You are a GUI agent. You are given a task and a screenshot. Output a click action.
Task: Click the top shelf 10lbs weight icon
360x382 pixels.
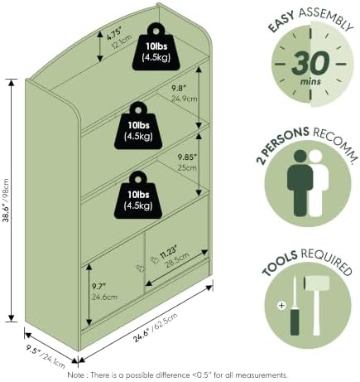tap(156, 46)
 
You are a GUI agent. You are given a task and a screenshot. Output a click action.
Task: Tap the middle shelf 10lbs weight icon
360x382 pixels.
tap(138, 126)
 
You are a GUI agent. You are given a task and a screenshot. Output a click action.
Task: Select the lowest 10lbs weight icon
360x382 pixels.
tap(138, 195)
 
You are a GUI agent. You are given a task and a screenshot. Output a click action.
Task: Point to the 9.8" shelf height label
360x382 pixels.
tap(179, 88)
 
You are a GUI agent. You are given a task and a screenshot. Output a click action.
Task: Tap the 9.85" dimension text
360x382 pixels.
tap(188, 157)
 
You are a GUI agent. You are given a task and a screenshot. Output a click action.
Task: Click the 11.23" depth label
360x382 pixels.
tap(168, 253)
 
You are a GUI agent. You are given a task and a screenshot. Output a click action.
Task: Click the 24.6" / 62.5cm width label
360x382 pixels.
tap(156, 327)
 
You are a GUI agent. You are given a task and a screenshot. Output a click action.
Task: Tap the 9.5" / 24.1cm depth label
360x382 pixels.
tap(46, 356)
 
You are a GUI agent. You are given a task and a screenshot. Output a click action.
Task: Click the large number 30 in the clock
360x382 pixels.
tap(310, 63)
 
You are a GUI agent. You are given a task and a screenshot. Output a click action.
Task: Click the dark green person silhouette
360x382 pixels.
tap(300, 183)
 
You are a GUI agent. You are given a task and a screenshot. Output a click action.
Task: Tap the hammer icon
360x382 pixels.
tap(316, 305)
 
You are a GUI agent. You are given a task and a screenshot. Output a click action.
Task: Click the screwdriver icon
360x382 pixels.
tap(295, 305)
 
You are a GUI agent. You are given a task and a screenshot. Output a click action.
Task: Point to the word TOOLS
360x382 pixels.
tap(280, 263)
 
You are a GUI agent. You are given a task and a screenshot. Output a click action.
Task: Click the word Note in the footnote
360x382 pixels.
tap(76, 375)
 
